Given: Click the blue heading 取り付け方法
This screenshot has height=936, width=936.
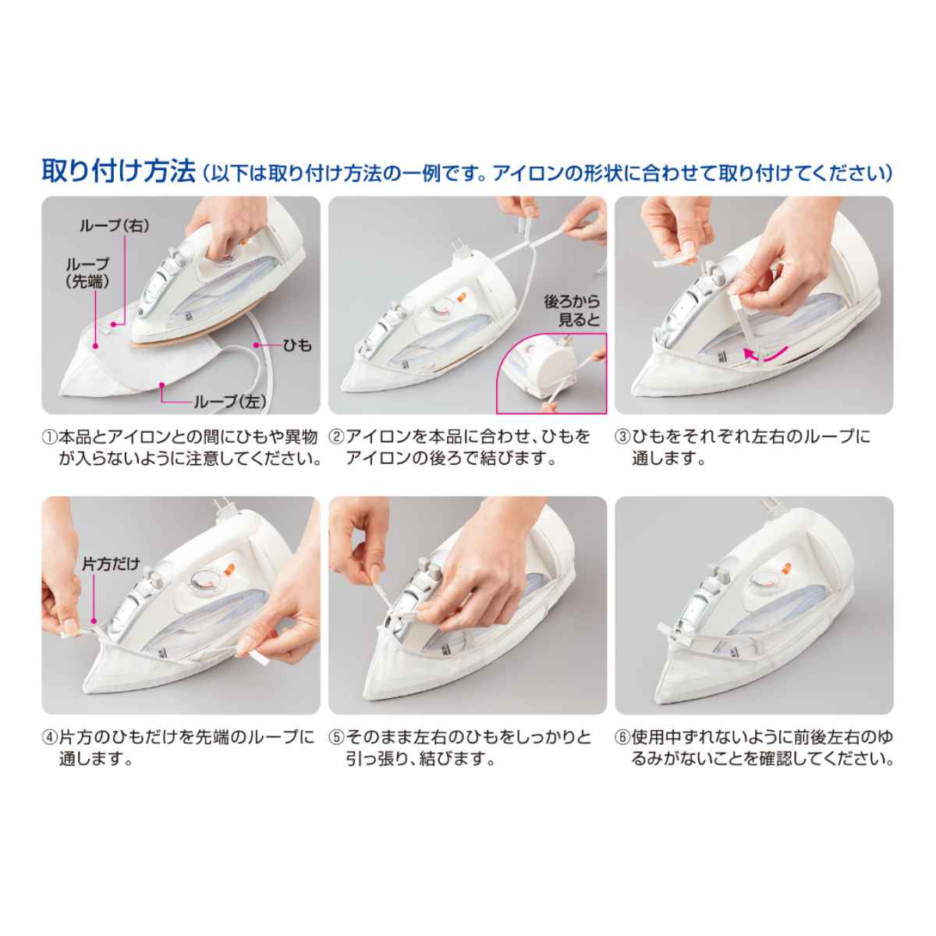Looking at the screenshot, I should (117, 171).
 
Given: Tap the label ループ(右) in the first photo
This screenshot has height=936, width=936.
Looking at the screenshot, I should (114, 225).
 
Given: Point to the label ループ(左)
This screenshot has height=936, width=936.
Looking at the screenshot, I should (230, 401).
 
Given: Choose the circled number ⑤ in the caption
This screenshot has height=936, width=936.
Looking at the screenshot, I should (335, 737).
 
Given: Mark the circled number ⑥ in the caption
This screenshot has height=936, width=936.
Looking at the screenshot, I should (622, 737).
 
